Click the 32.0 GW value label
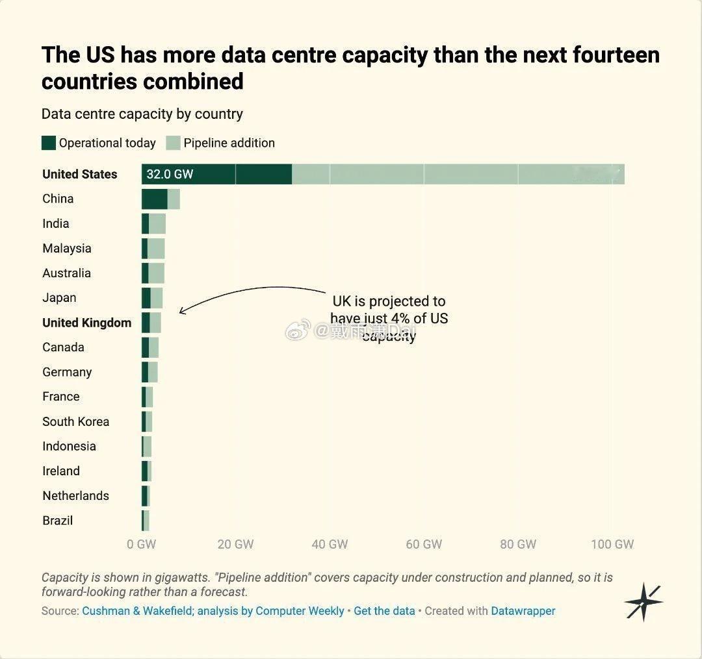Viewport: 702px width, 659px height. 170,174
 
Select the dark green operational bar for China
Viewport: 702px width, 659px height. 155,199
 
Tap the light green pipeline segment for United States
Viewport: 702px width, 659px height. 458,174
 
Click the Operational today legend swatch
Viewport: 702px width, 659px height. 48,143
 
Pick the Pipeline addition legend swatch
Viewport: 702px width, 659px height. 173,143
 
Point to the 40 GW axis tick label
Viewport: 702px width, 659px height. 330,544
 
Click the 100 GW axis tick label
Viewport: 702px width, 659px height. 612,544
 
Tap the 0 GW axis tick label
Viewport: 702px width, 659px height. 142,544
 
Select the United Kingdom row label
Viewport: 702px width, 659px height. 87,323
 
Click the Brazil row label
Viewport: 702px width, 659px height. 58,521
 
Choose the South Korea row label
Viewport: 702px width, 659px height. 75,421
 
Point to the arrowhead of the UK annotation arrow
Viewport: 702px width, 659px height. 181,311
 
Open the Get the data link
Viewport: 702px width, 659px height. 384,611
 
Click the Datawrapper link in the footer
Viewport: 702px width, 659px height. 523,611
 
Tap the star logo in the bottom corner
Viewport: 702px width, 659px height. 643,602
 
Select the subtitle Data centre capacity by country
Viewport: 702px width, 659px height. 142,114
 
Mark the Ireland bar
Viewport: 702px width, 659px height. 146,471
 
